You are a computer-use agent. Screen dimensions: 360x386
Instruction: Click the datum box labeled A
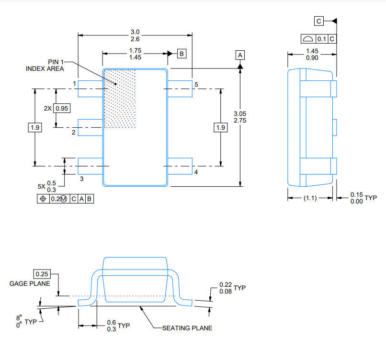tap(240, 55)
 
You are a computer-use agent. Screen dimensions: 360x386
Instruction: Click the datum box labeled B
tap(182, 54)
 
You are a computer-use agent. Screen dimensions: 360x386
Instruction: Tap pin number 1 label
tap(75, 84)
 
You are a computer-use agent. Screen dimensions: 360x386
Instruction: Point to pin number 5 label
tap(196, 84)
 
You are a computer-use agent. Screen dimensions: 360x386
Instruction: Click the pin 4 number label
tap(196, 171)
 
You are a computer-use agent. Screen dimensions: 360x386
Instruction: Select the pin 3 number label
tap(82, 179)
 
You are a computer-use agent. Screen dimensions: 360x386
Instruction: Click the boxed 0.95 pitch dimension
tap(62, 108)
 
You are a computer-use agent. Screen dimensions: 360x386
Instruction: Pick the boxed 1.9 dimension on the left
tap(35, 127)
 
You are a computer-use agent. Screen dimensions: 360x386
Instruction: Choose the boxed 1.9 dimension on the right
tap(220, 127)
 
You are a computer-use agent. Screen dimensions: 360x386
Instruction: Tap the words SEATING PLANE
tap(187, 328)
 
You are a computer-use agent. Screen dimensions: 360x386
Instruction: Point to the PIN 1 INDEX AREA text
tap(47, 65)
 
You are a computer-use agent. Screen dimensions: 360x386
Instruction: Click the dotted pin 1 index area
tap(120, 98)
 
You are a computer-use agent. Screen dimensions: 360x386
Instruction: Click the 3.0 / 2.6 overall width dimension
tap(135, 35)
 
